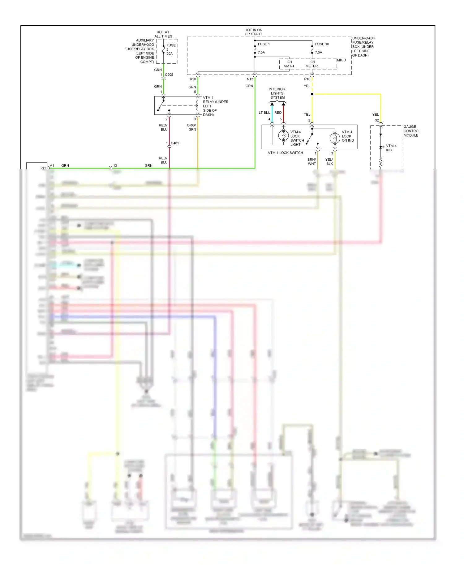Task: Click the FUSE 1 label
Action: (264, 44)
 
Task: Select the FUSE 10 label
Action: (322, 44)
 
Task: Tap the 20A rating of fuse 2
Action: (170, 54)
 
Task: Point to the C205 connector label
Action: (169, 75)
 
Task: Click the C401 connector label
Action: (175, 143)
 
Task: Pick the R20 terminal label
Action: (193, 79)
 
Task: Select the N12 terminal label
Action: (250, 79)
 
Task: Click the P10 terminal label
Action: (307, 79)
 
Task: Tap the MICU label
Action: (341, 60)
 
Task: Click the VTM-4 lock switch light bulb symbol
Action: (283, 136)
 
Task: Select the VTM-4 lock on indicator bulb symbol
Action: (335, 138)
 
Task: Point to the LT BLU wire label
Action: (264, 113)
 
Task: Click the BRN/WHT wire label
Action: (311, 162)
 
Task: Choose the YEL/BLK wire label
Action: (329, 162)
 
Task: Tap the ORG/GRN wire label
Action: (191, 127)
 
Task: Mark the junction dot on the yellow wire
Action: (312, 94)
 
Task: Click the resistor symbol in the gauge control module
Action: (380, 162)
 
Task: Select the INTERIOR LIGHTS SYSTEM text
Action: (277, 93)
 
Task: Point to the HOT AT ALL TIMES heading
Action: (163, 34)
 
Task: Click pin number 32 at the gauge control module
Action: (377, 121)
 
